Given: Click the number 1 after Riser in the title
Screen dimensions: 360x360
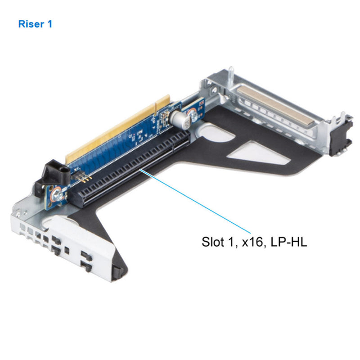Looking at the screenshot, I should tap(49, 24).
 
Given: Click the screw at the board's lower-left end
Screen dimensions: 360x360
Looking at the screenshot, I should tap(58, 195).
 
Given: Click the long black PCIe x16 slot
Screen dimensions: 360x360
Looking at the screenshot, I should tap(130, 171).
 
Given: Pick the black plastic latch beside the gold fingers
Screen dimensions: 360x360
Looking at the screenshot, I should tap(54, 174).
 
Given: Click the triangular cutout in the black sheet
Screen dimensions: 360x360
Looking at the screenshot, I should tap(252, 153).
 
